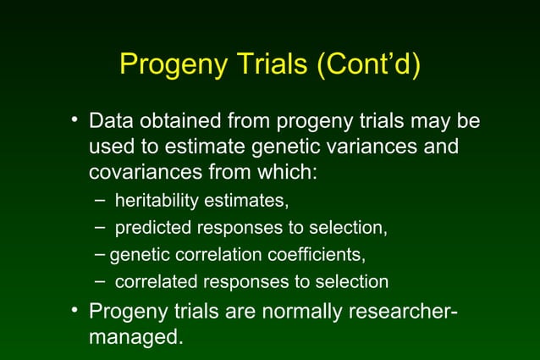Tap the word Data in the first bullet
tap(114, 121)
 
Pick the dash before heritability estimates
tap(101, 201)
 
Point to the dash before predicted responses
tap(101, 227)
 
